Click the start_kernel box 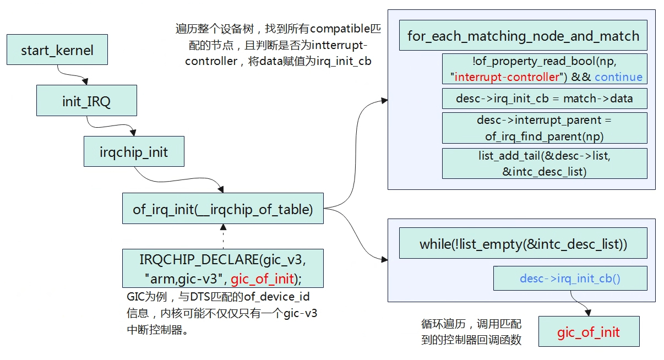click(x=57, y=50)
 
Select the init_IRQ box click(x=86, y=100)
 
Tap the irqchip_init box click(x=134, y=151)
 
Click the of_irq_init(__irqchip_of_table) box click(x=223, y=208)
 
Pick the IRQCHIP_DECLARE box click(x=223, y=268)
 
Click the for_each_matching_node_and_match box click(x=523, y=35)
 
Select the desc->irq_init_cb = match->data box click(x=545, y=99)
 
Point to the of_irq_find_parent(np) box click(x=545, y=128)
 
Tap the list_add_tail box click(x=545, y=163)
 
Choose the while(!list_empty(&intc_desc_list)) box click(x=523, y=243)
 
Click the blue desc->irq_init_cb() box click(x=570, y=278)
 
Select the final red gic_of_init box click(x=589, y=331)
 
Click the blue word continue click(x=618, y=77)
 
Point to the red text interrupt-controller click(x=507, y=77)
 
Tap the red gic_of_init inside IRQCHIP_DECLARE click(x=262, y=279)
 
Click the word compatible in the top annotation click(x=340, y=29)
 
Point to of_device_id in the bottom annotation click(x=276, y=297)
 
